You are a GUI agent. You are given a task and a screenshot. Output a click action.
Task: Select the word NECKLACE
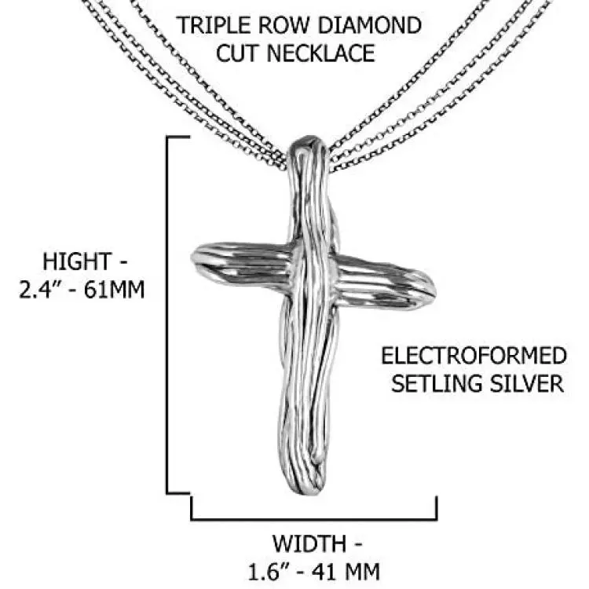click(x=320, y=53)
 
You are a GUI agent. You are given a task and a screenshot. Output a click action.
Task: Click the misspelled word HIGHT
click(x=77, y=262)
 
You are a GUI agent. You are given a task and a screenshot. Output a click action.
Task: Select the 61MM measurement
click(x=114, y=290)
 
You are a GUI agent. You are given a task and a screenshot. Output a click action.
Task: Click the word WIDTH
click(x=309, y=543)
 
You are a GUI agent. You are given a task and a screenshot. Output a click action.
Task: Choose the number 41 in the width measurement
click(x=324, y=572)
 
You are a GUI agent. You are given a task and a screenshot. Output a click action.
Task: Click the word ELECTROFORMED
click(x=474, y=356)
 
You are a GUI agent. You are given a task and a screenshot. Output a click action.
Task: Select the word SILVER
click(x=522, y=383)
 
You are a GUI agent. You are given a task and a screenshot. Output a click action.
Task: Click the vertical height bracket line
click(x=167, y=315)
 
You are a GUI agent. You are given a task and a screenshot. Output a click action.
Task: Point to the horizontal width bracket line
click(x=314, y=520)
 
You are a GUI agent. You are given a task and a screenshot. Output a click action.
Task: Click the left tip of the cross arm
click(x=192, y=258)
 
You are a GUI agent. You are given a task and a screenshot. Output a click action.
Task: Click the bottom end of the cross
click(x=303, y=493)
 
